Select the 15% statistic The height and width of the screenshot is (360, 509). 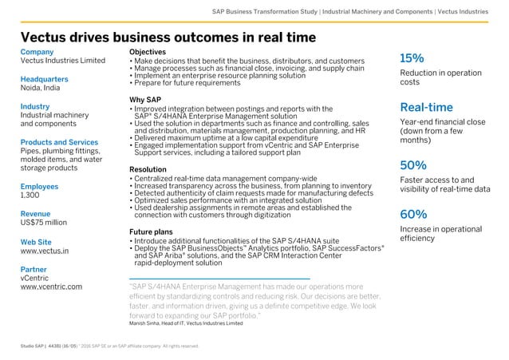[x=412, y=58]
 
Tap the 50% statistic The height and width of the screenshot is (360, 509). [x=413, y=165]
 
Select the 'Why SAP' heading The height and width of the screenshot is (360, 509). [x=147, y=100]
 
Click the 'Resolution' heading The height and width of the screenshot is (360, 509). [x=151, y=170]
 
